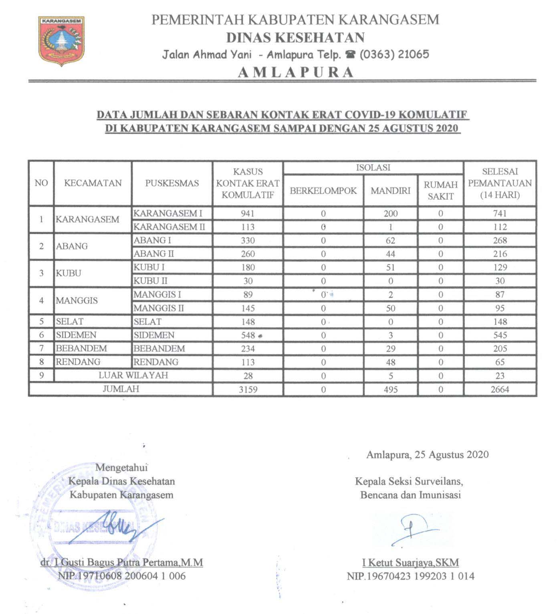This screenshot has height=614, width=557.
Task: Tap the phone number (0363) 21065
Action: pos(394,54)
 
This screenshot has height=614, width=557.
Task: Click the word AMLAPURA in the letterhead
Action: pos(296,72)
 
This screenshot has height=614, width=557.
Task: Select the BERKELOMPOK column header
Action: pos(323,190)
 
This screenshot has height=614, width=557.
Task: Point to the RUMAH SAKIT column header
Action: pos(440,190)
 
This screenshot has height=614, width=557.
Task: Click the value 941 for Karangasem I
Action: pos(248,213)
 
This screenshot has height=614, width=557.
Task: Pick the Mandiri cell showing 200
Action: pos(390,213)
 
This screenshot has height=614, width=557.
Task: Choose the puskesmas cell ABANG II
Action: pos(153,254)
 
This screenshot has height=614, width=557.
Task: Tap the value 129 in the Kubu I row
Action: pos(500,267)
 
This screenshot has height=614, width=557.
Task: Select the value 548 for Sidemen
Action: pos(248,335)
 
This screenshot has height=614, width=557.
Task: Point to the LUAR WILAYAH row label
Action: pos(133,375)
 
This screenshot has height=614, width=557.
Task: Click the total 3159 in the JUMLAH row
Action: pos(248,389)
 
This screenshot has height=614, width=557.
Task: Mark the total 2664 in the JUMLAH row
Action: pos(500,389)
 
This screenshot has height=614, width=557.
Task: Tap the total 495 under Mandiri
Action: pos(390,389)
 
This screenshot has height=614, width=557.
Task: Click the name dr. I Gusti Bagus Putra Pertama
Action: pos(122,562)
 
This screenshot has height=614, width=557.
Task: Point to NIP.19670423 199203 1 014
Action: pos(410,576)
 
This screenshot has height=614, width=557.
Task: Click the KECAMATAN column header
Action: pos(93,183)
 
